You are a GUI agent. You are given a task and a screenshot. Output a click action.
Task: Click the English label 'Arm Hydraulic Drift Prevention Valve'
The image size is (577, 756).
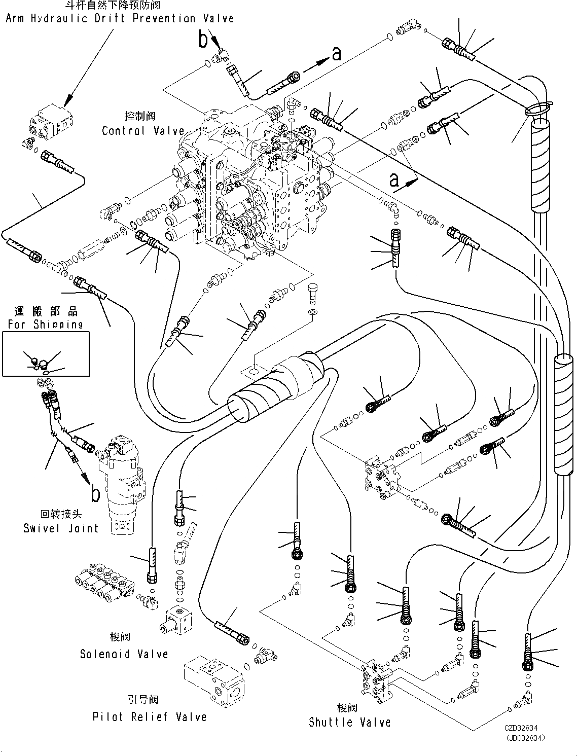[x=120, y=19]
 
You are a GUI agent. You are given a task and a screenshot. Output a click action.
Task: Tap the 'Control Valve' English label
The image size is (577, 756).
[x=143, y=131]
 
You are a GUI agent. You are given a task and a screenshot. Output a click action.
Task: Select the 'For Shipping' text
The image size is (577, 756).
[x=46, y=324]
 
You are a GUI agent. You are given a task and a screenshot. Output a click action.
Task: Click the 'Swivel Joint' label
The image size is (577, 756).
[x=61, y=528]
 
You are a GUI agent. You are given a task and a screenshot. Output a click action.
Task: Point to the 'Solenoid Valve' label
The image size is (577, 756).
[x=124, y=654]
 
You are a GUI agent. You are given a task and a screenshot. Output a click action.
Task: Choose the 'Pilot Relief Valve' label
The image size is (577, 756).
[x=150, y=717]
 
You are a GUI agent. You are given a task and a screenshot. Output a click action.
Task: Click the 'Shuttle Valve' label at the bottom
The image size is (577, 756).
[x=350, y=722]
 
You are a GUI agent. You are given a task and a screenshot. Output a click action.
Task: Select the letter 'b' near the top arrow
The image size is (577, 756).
[x=203, y=39]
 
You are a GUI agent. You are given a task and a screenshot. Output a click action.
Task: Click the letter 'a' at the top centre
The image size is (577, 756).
[x=337, y=53]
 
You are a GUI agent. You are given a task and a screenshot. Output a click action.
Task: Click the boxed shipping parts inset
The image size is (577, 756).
[x=46, y=354]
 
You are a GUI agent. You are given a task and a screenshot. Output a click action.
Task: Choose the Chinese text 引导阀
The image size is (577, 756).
[x=143, y=700]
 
